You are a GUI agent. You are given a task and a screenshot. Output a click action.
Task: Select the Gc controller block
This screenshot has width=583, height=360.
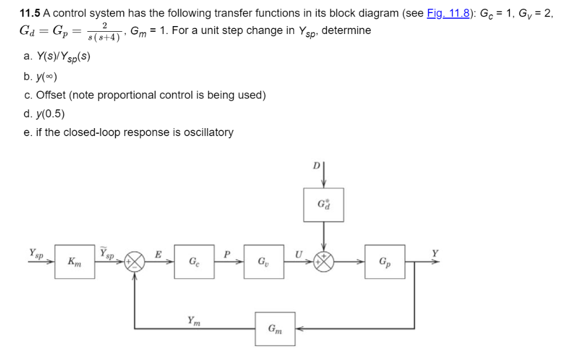tap(194, 262)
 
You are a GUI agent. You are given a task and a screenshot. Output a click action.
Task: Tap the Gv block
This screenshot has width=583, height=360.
tap(264, 262)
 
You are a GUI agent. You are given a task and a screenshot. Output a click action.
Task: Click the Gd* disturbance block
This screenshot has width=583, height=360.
tap(323, 205)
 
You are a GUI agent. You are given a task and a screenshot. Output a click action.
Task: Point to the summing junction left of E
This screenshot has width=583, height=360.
tap(134, 262)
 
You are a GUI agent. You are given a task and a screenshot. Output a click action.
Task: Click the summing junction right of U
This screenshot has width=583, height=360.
tap(323, 262)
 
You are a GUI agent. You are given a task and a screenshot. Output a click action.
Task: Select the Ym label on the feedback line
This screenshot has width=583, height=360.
tap(193, 320)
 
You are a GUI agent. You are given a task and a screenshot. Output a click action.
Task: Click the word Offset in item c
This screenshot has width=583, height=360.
tap(50, 95)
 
